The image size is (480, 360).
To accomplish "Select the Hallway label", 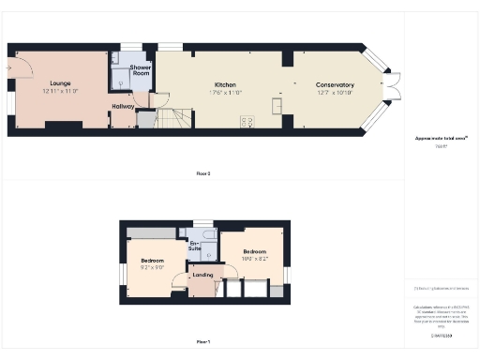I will pyautogui.click(x=123, y=107).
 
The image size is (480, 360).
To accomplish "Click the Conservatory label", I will pyautogui.click(x=335, y=84).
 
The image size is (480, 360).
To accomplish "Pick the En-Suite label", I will pyautogui.click(x=195, y=247).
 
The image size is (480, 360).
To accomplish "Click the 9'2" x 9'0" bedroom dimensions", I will pyautogui.click(x=153, y=267).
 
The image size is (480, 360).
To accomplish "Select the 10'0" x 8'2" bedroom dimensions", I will pyautogui.click(x=255, y=259).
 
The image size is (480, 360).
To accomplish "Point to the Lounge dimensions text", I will pyautogui.click(x=59, y=92).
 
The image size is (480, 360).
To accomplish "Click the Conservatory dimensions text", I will pyautogui.click(x=335, y=92).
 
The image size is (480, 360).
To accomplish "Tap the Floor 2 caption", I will pyautogui.click(x=202, y=173).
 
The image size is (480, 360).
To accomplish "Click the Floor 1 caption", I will pyautogui.click(x=202, y=342).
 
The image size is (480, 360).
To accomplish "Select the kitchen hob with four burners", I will pyautogui.click(x=247, y=121).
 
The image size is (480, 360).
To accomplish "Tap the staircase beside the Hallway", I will pyautogui.click(x=172, y=118).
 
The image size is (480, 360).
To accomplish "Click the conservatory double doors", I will pyautogui.click(x=392, y=86).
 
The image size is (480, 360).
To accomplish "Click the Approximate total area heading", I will pyautogui.click(x=441, y=139).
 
